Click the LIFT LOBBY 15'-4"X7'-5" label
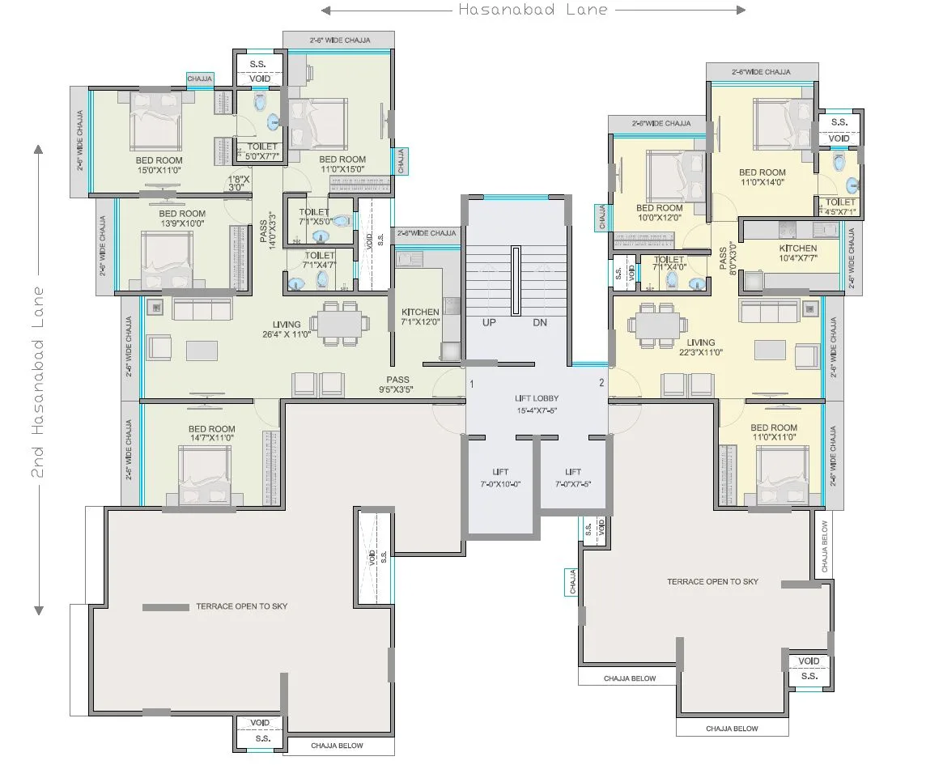pyautogui.click(x=537, y=404)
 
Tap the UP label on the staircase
pyautogui.click(x=490, y=322)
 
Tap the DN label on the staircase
pyautogui.click(x=541, y=322)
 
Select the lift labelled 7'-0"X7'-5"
pyautogui.click(x=573, y=478)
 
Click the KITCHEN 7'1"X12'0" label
pyautogui.click(x=420, y=317)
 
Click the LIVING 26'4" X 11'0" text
pyautogui.click(x=287, y=329)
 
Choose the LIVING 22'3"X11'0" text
pyautogui.click(x=701, y=347)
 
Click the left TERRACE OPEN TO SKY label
pyautogui.click(x=241, y=606)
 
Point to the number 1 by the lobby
pyautogui.click(x=472, y=384)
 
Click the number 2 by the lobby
pyautogui.click(x=601, y=383)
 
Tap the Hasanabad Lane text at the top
pyautogui.click(x=533, y=11)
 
